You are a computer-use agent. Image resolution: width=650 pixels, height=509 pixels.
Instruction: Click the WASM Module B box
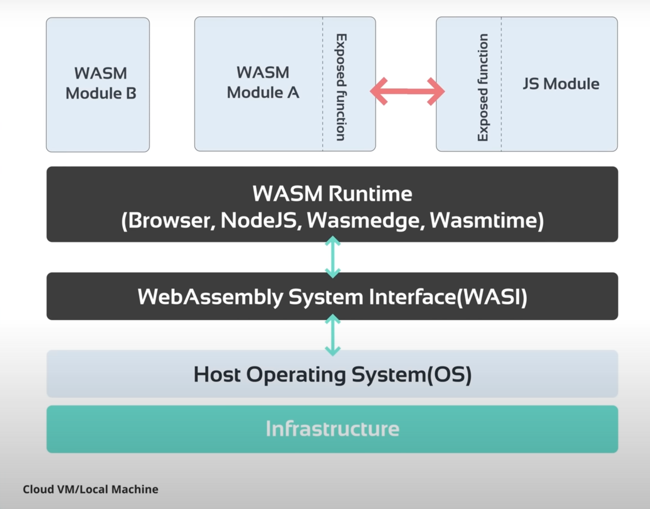coord(98,84)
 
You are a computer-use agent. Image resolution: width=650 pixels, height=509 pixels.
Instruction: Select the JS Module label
coord(561,84)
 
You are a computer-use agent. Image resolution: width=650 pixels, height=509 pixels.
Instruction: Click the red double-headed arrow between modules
coord(407,91)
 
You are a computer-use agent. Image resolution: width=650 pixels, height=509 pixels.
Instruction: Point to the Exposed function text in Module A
coord(341,87)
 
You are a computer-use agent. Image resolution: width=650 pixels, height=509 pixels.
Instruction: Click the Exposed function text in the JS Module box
coord(483,87)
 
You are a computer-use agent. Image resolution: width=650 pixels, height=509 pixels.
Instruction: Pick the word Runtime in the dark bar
coord(370,194)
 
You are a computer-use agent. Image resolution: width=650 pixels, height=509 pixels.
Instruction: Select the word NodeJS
coord(259,221)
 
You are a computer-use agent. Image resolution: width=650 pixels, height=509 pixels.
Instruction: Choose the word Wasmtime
coord(484,221)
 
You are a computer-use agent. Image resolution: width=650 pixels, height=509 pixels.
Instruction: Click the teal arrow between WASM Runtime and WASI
coord(332,257)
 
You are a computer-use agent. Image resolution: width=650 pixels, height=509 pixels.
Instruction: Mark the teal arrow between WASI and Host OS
coord(332,335)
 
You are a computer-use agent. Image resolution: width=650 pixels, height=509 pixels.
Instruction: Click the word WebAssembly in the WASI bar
coord(210,297)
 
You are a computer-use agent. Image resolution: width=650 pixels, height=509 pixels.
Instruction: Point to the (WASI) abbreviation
coord(492,297)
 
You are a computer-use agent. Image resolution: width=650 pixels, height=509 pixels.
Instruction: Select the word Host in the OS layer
coord(217,375)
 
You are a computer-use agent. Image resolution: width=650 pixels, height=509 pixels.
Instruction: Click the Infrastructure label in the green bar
coord(332,429)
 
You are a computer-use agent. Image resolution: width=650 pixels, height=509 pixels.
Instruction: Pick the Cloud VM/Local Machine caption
coord(90,489)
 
